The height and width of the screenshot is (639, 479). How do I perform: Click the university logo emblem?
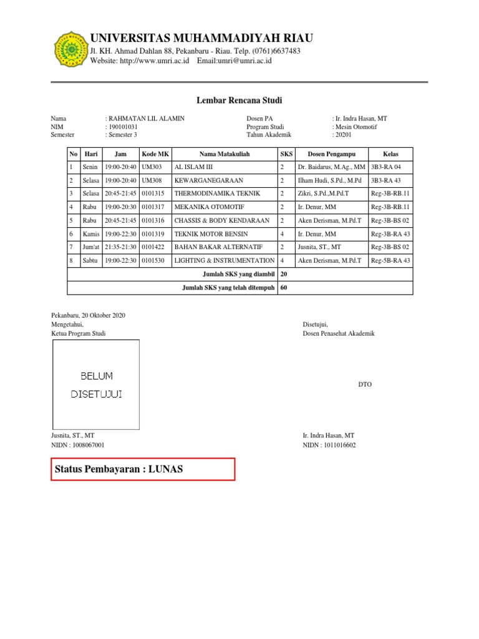[x=70, y=49]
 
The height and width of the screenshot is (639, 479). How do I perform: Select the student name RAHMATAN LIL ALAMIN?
[x=147, y=118]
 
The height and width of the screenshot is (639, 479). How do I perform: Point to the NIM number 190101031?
[x=125, y=127]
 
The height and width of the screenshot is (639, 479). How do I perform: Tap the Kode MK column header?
[x=155, y=154]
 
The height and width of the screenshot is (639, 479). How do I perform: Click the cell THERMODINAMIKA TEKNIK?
[x=217, y=193]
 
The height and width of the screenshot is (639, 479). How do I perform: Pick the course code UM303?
[x=152, y=167]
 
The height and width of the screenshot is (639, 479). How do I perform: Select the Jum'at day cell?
[x=91, y=247]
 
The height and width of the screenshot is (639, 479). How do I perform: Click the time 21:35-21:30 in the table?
[x=120, y=247]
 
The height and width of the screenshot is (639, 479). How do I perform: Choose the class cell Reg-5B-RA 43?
[x=390, y=260]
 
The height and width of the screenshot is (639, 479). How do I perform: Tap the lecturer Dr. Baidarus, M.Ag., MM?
[x=331, y=167]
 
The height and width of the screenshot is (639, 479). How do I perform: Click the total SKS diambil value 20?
[x=284, y=274]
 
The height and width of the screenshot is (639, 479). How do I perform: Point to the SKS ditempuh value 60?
[x=284, y=288]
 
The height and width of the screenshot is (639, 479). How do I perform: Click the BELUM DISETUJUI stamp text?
[x=96, y=385]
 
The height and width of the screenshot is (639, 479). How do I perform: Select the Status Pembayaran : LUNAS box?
[x=143, y=469]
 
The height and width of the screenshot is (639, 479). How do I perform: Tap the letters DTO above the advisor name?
[x=365, y=385]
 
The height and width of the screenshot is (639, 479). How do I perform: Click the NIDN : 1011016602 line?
[x=329, y=445]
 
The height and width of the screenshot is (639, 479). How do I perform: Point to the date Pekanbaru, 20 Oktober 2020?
[x=88, y=315]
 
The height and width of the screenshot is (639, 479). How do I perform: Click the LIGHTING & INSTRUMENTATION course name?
[x=225, y=260]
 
